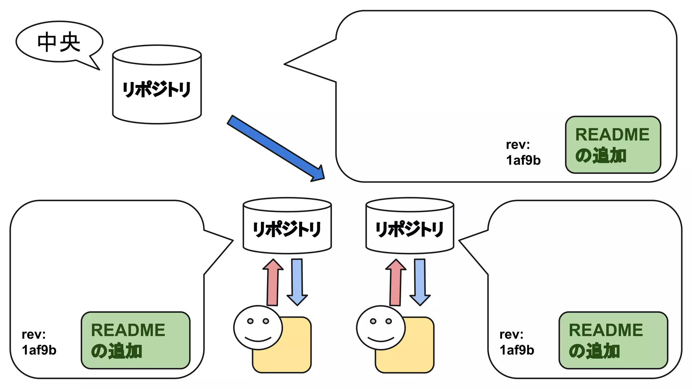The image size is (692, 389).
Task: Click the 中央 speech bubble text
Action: click(x=59, y=42)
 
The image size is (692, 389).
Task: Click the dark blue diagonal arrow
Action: click(x=275, y=148)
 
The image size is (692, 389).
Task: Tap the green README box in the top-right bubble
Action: click(x=613, y=145)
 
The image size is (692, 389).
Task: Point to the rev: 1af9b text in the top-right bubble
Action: click(x=523, y=153)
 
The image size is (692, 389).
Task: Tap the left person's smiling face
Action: click(x=258, y=328)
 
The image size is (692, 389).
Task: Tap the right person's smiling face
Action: click(x=381, y=328)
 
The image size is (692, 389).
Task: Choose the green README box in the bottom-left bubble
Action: click(x=135, y=340)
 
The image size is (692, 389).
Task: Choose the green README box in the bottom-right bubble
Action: click(x=613, y=340)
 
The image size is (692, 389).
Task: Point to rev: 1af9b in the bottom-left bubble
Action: click(x=39, y=342)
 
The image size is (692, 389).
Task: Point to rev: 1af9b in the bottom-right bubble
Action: click(x=517, y=342)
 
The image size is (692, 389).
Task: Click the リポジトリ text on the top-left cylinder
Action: click(x=157, y=89)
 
